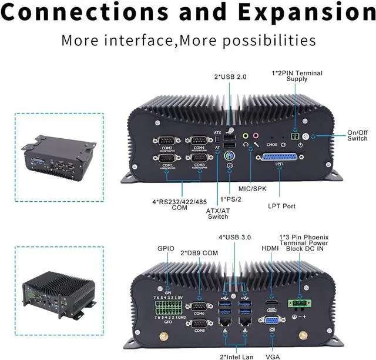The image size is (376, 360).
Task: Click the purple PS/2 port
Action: pos(230,156)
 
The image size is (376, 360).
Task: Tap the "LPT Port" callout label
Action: pos(281,206)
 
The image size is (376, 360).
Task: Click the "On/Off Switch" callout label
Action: pos(357,135)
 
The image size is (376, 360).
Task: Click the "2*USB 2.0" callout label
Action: pos(230,76)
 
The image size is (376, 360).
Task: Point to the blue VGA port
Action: pos(271,322)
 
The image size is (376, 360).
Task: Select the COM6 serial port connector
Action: pos(199,306)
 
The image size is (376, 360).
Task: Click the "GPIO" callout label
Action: pos(166,249)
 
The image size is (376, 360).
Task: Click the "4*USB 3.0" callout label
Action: pos(235,237)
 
